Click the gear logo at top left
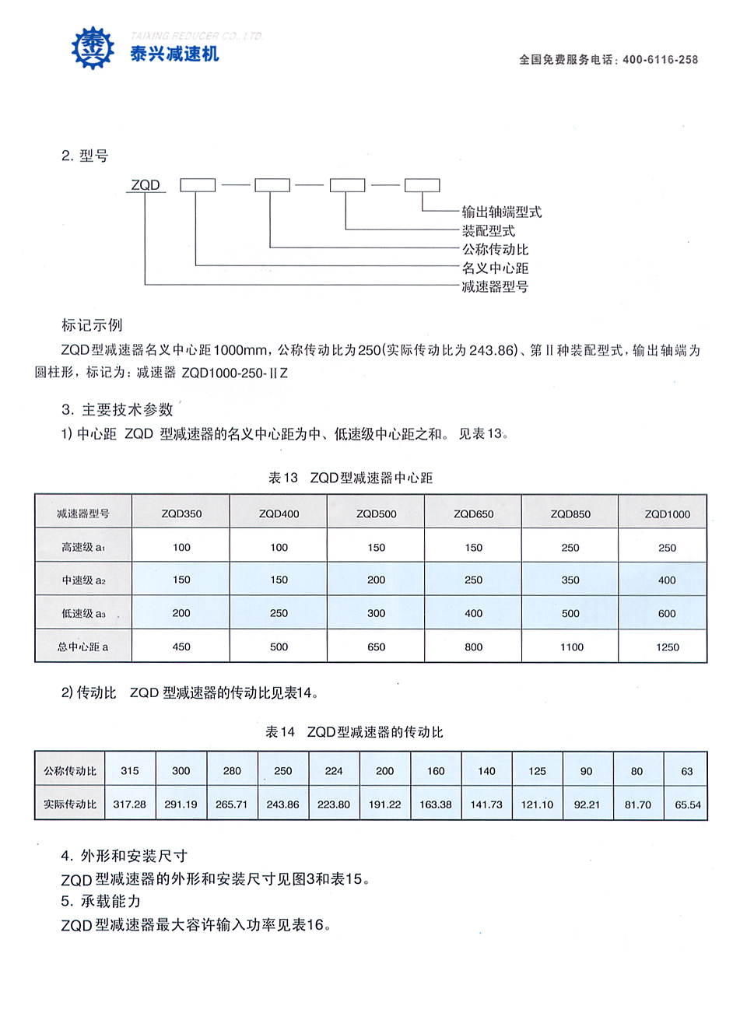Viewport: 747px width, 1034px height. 93,48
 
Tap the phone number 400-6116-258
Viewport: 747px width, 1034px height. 660,60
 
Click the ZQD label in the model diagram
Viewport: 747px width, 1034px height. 146,185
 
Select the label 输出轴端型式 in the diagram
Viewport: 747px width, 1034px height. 502,212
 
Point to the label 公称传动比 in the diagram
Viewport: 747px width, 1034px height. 495,249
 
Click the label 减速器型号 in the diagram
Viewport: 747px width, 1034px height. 495,286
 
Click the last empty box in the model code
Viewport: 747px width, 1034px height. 422,185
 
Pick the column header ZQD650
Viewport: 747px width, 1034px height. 473,513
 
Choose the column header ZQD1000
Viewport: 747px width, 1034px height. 667,513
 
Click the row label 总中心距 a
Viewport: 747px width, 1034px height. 83,647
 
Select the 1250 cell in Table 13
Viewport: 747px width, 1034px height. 667,647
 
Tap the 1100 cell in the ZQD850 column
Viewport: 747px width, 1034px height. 571,647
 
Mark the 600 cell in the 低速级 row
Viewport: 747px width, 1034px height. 667,613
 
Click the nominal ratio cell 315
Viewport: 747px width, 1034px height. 130,770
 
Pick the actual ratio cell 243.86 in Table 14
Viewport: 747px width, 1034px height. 282,804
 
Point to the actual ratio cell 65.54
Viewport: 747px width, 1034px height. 687,804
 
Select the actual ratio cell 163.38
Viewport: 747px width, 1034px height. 436,804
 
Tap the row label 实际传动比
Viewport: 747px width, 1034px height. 70,804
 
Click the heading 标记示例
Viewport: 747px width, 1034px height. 92,325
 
